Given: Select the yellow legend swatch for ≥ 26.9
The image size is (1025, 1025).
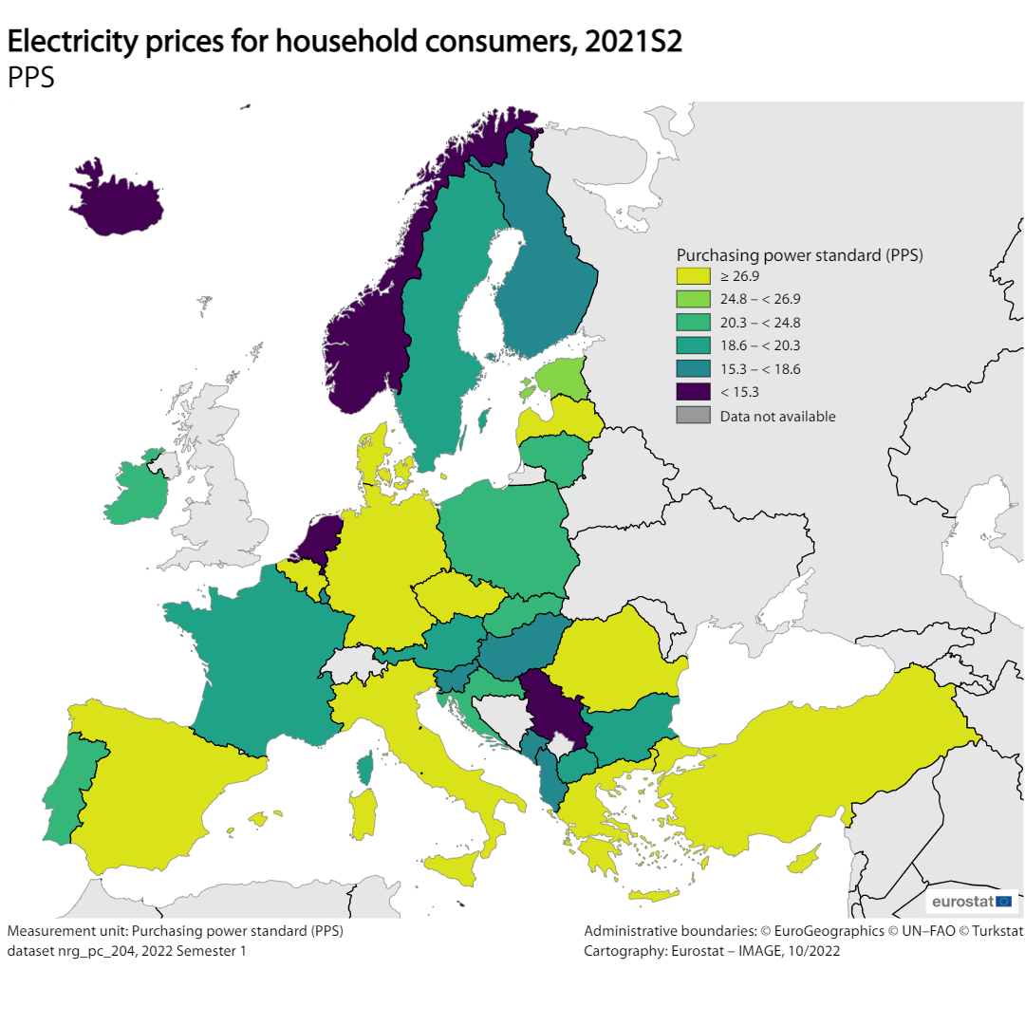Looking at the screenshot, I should coord(693,276).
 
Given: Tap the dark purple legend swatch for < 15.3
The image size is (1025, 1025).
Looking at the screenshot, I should coord(693,392).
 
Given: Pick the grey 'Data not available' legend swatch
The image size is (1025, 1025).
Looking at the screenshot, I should coord(693,416).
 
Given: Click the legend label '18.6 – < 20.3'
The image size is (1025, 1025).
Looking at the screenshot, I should coord(760,345).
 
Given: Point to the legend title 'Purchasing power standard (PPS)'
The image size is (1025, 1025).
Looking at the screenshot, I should coord(800,255).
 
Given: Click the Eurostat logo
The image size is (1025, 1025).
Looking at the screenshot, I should coord(972,901).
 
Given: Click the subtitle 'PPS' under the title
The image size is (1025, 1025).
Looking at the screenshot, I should coord(30,78).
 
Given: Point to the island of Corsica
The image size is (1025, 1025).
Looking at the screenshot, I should coord(365,767).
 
